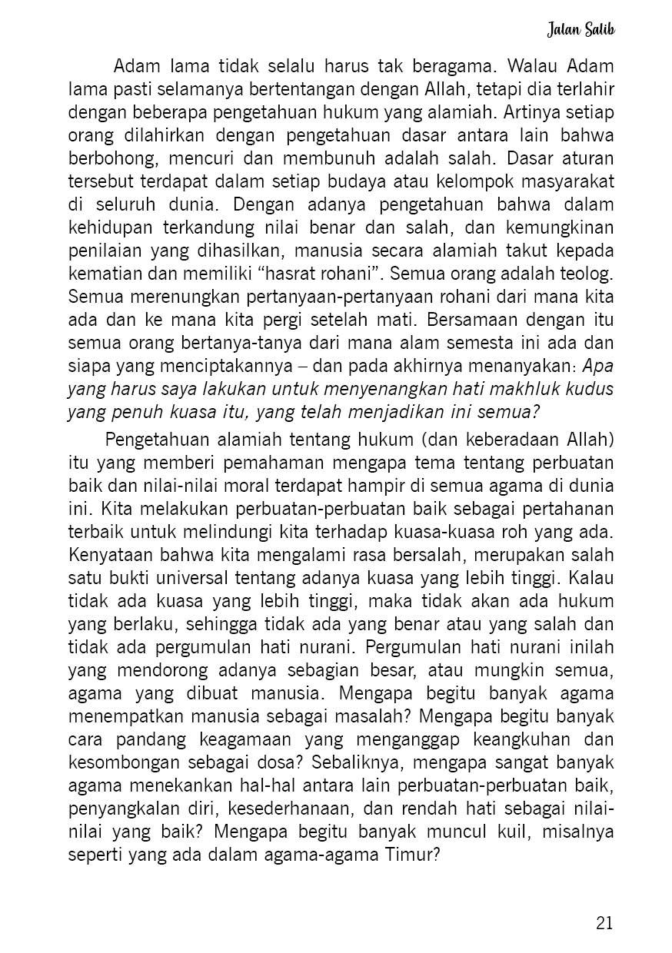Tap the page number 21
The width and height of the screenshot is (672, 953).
(x=604, y=923)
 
